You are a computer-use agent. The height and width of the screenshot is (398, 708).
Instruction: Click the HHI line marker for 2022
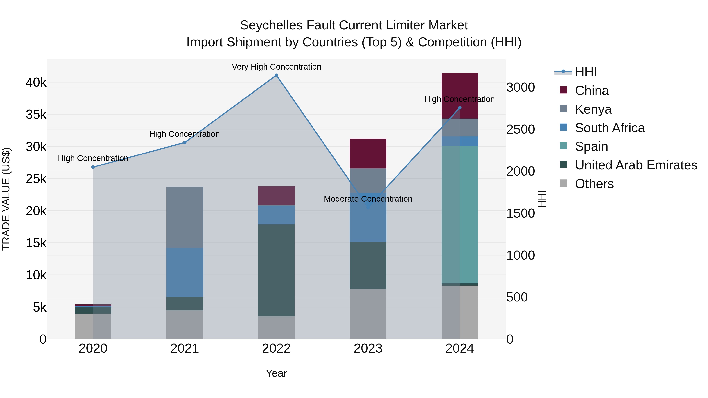point(277,75)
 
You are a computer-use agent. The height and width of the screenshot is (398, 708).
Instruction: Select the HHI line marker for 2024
point(460,108)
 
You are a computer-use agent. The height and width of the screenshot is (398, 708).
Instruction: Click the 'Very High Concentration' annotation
point(277,67)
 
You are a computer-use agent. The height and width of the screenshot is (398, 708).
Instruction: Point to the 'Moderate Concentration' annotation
point(368,199)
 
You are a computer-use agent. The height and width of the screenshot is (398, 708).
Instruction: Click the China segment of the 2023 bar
point(368,154)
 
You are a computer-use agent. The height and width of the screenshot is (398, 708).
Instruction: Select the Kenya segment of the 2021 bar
point(185,217)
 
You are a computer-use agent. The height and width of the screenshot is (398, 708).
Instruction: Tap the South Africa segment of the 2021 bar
point(185,272)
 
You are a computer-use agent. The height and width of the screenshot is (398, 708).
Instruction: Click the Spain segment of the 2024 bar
point(460,214)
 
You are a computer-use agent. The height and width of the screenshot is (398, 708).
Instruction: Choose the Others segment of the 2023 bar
point(368,314)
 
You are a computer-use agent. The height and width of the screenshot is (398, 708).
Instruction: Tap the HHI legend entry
point(586,72)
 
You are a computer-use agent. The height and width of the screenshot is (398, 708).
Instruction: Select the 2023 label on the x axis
point(368,348)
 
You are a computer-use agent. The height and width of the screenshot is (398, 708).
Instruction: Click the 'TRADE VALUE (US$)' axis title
point(6,199)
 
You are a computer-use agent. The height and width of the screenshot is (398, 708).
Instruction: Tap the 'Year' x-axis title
point(277,373)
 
